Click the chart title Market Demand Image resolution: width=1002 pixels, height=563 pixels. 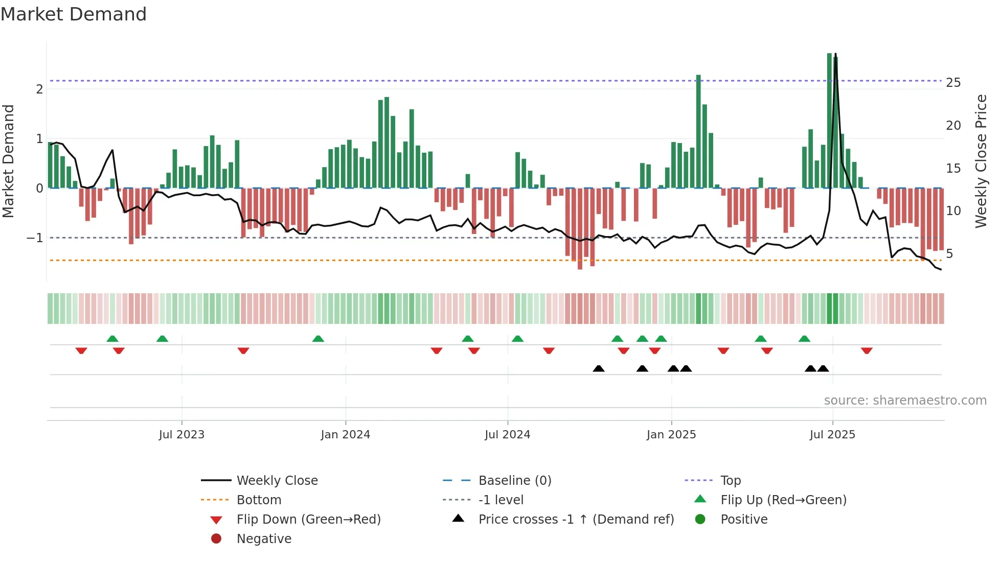tap(74, 14)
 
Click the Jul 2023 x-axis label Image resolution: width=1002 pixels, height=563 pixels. tap(181, 435)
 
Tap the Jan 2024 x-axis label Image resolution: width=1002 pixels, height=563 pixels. tap(345, 435)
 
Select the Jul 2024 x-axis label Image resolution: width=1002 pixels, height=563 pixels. tap(507, 435)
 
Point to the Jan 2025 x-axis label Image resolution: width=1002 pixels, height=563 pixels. tap(671, 435)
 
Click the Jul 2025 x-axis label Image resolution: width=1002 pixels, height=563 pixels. tap(832, 435)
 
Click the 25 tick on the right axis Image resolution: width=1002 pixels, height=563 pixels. tap(953, 83)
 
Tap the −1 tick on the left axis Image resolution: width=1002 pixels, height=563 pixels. tap(35, 238)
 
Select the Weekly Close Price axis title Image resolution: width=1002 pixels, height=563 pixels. tap(981, 161)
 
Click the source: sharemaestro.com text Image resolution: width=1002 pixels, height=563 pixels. tap(905, 401)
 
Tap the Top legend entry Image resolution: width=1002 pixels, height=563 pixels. tap(731, 481)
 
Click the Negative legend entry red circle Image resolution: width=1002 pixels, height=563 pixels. tap(216, 539)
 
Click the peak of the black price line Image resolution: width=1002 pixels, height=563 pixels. tap(835, 54)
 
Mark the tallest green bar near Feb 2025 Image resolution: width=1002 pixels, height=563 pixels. tap(698, 77)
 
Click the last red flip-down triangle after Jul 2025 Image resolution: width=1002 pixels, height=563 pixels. tap(867, 350)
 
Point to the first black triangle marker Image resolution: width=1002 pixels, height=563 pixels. tap(599, 368)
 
